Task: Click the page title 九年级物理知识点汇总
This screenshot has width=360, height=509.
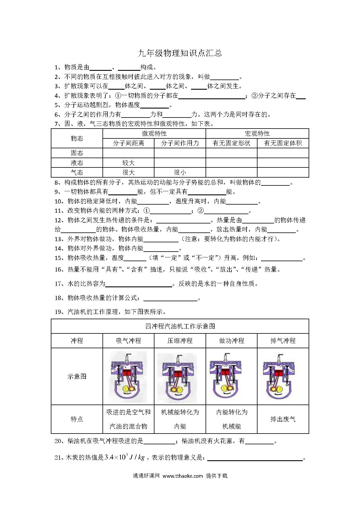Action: coord(180,53)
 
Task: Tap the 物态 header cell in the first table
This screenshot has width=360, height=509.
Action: coord(77,138)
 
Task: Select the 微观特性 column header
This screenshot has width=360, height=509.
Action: coord(154,133)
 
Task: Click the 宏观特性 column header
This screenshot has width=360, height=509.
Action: coord(257,133)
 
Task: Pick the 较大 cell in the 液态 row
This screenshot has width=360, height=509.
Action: coord(128,163)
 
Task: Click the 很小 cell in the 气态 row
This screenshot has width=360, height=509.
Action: coord(180,172)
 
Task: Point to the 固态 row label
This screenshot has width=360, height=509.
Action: coord(77,153)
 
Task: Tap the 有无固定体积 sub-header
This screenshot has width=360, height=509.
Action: coord(283,143)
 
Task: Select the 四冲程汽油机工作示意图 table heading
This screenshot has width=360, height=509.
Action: coord(180,326)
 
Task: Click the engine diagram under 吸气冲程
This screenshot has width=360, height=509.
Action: coord(128,376)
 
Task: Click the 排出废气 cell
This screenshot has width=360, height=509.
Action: coord(283,419)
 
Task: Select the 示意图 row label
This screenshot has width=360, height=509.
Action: coord(77,376)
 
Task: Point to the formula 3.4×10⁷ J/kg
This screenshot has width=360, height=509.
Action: coord(125,458)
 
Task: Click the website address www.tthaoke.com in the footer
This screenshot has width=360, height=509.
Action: coord(183,476)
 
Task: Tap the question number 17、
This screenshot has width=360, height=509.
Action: coord(60,284)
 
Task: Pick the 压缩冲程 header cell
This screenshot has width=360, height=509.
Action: coord(180,341)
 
